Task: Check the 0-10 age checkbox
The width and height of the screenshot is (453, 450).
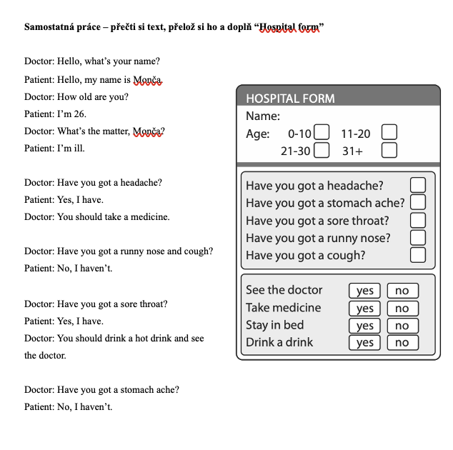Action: [322, 133]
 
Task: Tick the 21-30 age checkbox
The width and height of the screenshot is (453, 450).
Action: [322, 150]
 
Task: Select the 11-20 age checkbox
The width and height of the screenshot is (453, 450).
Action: [389, 133]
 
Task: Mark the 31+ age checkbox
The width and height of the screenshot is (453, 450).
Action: [389, 150]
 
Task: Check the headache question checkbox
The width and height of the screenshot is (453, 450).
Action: [418, 186]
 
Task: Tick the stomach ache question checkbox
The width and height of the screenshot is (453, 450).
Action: [418, 203]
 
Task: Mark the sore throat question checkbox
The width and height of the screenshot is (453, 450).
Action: [418, 220]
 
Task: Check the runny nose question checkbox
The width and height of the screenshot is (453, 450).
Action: [418, 237]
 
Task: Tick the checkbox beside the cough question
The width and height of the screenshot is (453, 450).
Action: [418, 254]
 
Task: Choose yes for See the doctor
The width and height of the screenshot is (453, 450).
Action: [365, 291]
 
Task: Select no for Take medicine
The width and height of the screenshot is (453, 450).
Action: [402, 309]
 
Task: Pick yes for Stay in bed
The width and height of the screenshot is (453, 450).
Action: [365, 326]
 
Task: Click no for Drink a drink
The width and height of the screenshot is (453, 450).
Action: [402, 343]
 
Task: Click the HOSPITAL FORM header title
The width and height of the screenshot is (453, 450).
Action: [290, 99]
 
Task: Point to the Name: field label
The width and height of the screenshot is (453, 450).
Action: [263, 116]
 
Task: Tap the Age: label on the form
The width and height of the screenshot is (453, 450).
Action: [258, 134]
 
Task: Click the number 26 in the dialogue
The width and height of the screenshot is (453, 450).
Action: [79, 114]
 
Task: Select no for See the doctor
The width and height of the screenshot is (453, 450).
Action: [402, 291]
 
